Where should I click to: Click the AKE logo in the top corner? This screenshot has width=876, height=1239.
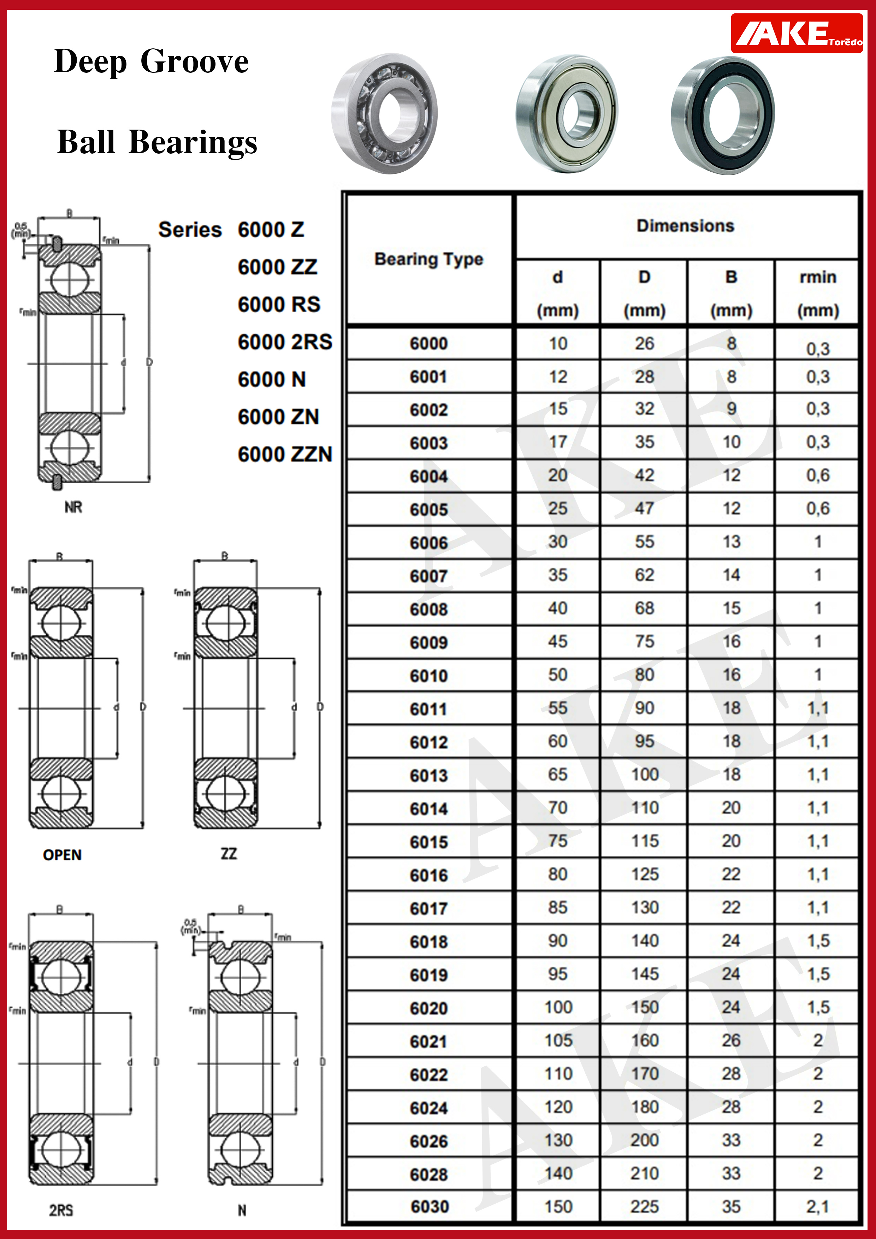click(x=796, y=34)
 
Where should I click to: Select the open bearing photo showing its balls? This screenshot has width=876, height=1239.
click(x=384, y=113)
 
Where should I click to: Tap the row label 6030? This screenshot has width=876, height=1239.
click(x=430, y=1207)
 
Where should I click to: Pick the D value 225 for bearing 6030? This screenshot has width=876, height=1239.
click(x=644, y=1207)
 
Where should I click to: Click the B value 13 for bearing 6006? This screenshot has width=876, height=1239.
click(x=731, y=542)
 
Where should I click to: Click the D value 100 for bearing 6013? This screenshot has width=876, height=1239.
click(x=644, y=774)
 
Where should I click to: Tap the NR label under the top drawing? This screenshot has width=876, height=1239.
click(x=73, y=507)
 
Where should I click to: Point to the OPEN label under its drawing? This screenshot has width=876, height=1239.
click(x=62, y=855)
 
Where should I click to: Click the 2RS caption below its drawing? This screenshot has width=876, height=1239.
click(x=61, y=1210)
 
